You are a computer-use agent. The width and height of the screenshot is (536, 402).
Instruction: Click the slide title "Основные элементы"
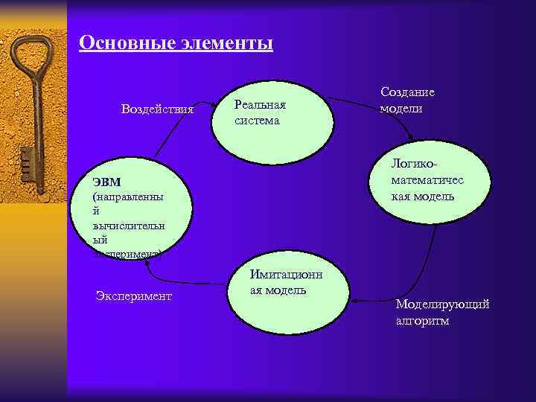pos(176,42)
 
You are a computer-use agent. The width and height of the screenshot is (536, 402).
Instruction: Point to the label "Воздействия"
pos(156,110)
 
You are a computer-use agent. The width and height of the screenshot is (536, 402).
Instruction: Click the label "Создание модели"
pos(406,100)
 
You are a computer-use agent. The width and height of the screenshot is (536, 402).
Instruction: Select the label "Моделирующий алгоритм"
pos(442,313)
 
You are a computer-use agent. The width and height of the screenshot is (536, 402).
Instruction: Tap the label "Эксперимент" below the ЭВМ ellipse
pos(134,296)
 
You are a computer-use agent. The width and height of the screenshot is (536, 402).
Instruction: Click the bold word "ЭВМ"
pos(107,182)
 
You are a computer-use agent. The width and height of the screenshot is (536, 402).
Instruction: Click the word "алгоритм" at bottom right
pos(422,322)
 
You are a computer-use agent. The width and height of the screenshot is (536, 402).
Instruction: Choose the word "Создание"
pos(407,92)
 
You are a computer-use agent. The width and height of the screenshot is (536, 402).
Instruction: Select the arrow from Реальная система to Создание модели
pos(354,98)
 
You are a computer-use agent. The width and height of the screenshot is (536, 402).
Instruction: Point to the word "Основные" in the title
pos(126,42)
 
